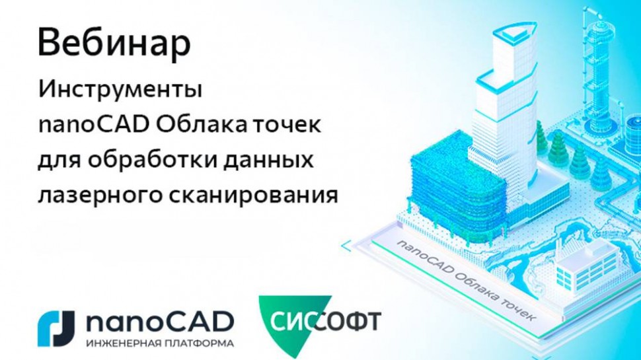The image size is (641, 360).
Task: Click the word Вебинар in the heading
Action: pos(114,44)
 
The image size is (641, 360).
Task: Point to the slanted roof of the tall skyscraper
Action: pos(508,33)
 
